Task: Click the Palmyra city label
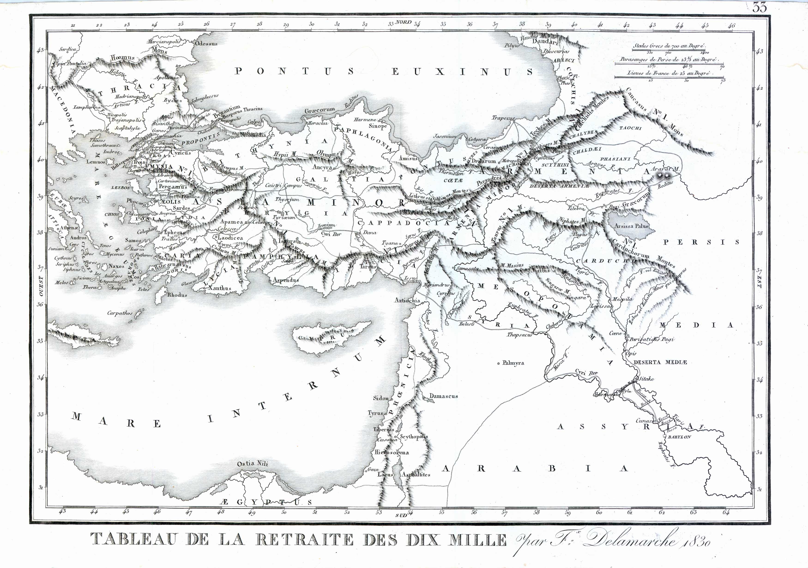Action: point(513,363)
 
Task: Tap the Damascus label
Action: point(443,396)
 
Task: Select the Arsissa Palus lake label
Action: point(631,226)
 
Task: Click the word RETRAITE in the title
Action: point(305,539)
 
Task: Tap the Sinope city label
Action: point(378,126)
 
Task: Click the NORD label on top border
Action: point(403,22)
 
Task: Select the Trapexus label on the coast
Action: point(503,118)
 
